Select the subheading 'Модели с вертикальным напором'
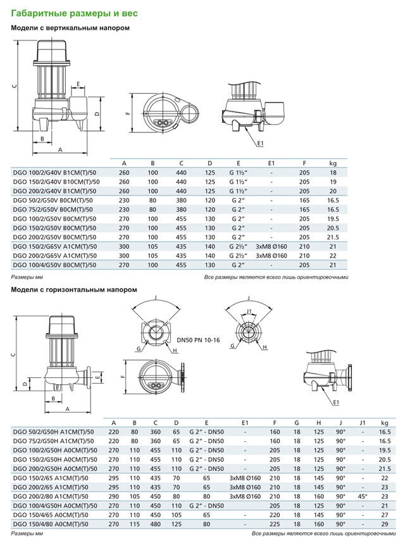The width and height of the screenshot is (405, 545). [x=71, y=28]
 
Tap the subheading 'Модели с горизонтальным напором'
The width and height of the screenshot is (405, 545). [x=73, y=289]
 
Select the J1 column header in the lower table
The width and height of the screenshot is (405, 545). [x=362, y=423]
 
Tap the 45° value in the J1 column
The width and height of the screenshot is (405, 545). [x=362, y=497]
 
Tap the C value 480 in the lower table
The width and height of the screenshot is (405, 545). [x=155, y=525]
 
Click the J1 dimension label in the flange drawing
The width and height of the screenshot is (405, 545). [x=249, y=311]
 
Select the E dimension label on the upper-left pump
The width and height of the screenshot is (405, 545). [x=78, y=83]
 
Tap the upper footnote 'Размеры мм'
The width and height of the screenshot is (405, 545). [x=25, y=277]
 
